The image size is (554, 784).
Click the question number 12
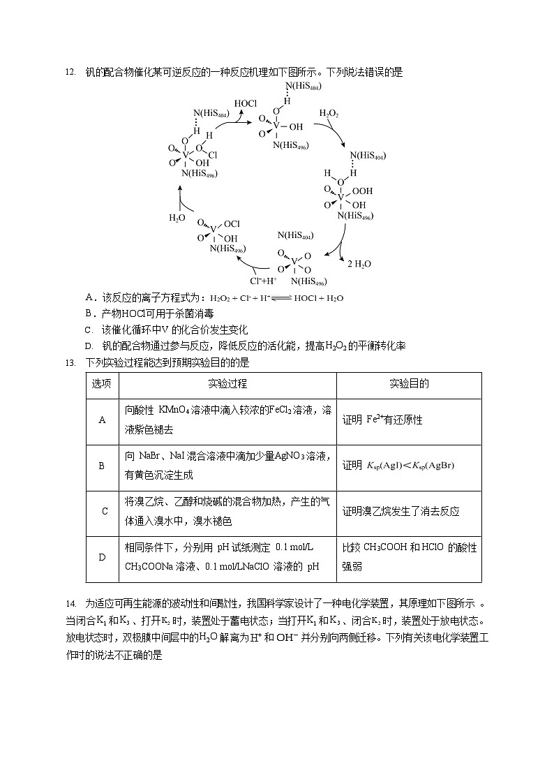point(69,72)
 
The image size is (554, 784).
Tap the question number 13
point(69,362)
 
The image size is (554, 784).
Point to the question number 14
point(69,603)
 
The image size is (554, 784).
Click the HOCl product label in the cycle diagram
point(245,103)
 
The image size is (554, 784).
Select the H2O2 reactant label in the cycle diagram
point(329,113)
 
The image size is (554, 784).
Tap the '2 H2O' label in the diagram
point(359,264)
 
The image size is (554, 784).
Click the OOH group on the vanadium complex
point(363,191)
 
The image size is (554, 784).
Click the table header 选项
point(102,385)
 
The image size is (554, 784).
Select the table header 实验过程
point(227,385)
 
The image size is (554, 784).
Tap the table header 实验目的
point(408,385)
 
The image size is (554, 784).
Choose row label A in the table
point(102,420)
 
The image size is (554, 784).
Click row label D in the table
point(102,557)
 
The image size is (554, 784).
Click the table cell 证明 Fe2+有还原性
point(382,420)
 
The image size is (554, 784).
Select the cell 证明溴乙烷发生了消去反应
point(400,512)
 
